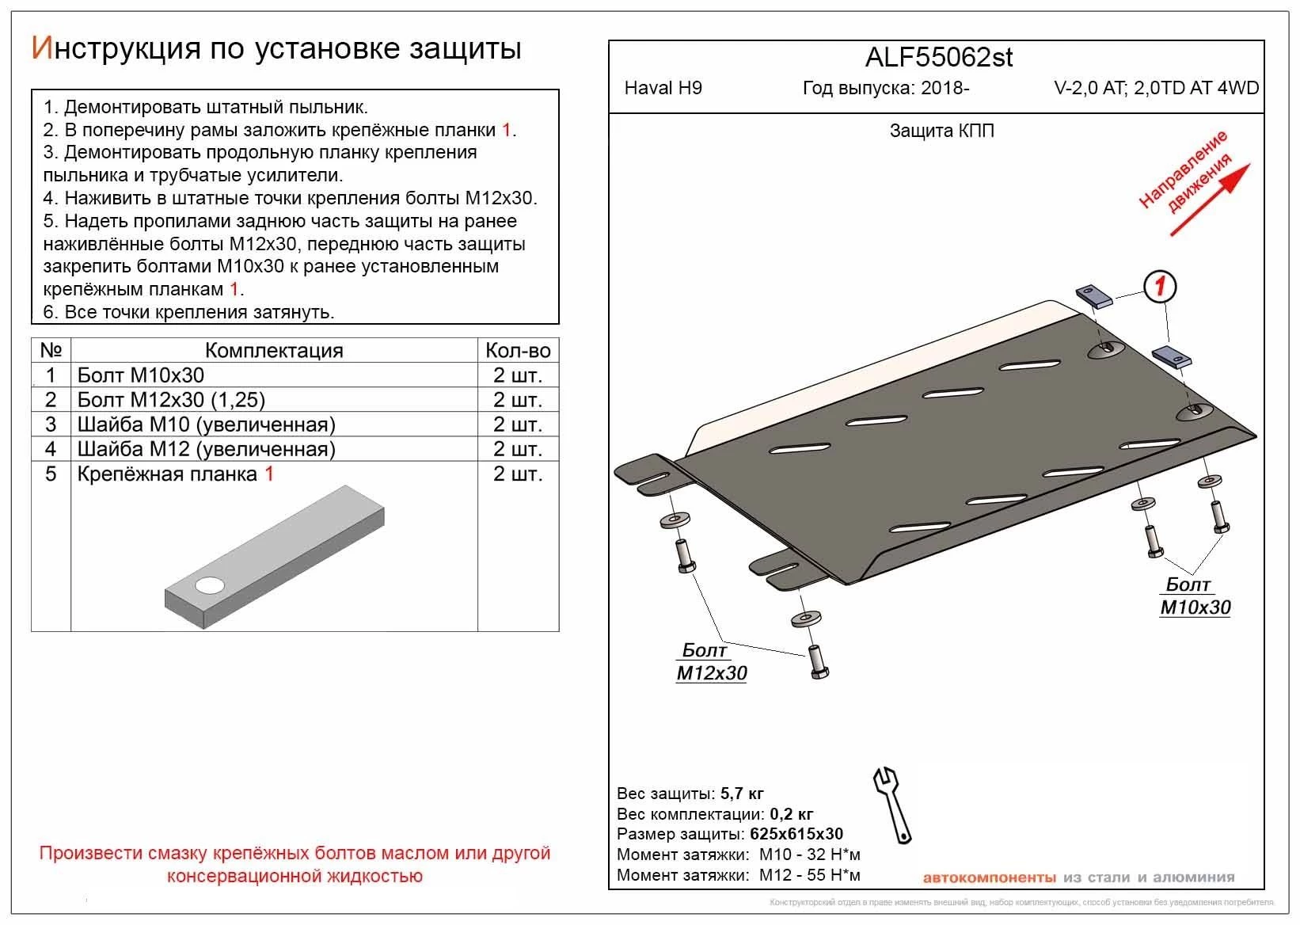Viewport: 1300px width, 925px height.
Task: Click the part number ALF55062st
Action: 938,58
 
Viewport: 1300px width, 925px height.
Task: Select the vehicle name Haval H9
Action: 663,88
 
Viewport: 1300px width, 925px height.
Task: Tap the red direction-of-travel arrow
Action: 1210,200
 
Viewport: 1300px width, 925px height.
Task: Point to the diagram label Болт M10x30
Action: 1195,596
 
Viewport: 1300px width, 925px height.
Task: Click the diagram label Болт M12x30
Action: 711,662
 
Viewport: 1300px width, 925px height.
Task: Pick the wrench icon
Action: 892,803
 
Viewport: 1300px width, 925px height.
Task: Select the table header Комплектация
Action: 274,351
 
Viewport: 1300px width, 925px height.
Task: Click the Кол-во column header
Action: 518,351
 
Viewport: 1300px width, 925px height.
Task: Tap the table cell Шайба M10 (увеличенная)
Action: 207,424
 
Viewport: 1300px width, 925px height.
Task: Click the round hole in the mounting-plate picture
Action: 210,586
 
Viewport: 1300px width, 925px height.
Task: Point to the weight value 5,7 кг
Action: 742,794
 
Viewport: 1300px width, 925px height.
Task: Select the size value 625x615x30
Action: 795,834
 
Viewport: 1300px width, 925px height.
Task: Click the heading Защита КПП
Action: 941,131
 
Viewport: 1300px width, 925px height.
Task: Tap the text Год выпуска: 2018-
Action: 885,88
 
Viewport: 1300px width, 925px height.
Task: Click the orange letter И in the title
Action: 41,48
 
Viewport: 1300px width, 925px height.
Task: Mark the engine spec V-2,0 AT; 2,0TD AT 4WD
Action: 1156,88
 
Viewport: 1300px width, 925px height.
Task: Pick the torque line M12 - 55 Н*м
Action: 809,875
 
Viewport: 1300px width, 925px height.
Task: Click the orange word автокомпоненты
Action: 989,877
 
